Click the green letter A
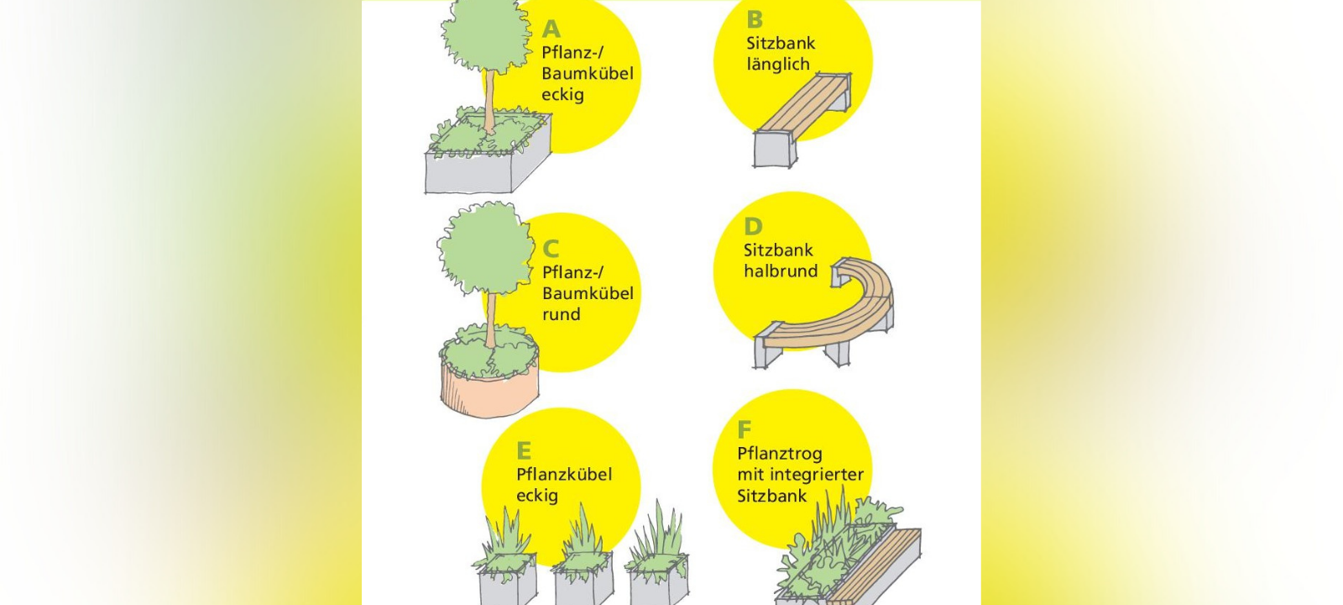(x=551, y=29)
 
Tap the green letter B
(x=755, y=19)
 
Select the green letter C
(x=551, y=249)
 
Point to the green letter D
(x=753, y=227)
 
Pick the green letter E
(x=524, y=450)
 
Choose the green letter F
(x=744, y=430)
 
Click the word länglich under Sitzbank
(x=778, y=65)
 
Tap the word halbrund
(x=780, y=271)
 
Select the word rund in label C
(x=561, y=314)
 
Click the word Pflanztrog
(x=779, y=454)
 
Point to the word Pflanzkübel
(x=564, y=475)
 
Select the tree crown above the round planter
(x=485, y=250)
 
